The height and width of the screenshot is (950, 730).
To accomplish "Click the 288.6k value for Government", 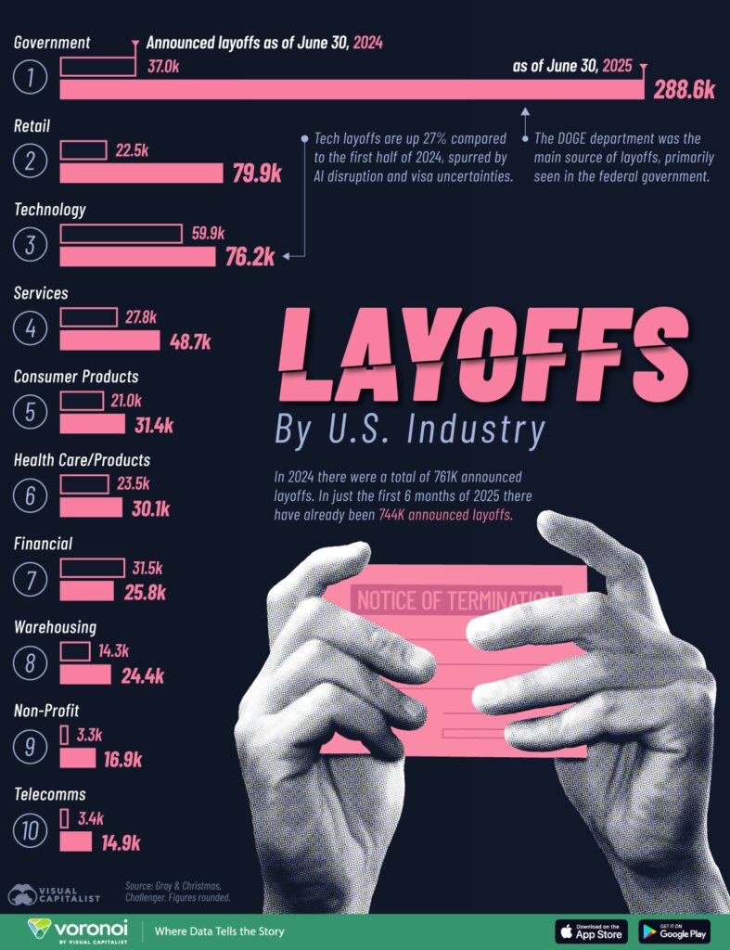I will [683, 90].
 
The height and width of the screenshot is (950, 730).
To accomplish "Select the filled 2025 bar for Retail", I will [141, 173].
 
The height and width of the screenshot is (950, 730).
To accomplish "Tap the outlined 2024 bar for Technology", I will [121, 234].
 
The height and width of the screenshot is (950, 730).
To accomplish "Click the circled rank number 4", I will [31, 328].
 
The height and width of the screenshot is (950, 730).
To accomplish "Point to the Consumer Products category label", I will [76, 377].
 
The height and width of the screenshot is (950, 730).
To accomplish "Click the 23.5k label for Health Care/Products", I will [131, 483].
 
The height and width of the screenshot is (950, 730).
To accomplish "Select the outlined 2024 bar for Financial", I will [92, 568].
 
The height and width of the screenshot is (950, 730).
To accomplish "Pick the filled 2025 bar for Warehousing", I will [85, 674].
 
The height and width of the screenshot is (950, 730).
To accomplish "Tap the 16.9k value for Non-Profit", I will [122, 760].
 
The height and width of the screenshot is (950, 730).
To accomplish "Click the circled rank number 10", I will [31, 829].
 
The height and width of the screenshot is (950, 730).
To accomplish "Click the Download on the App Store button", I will [591, 931].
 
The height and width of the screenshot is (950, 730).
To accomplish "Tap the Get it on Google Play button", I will [674, 931].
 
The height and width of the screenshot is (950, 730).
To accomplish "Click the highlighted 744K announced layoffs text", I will [445, 516].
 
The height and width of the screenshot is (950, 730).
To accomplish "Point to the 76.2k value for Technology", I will [250, 257].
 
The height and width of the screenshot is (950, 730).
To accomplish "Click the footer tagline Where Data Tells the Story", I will [219, 931].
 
